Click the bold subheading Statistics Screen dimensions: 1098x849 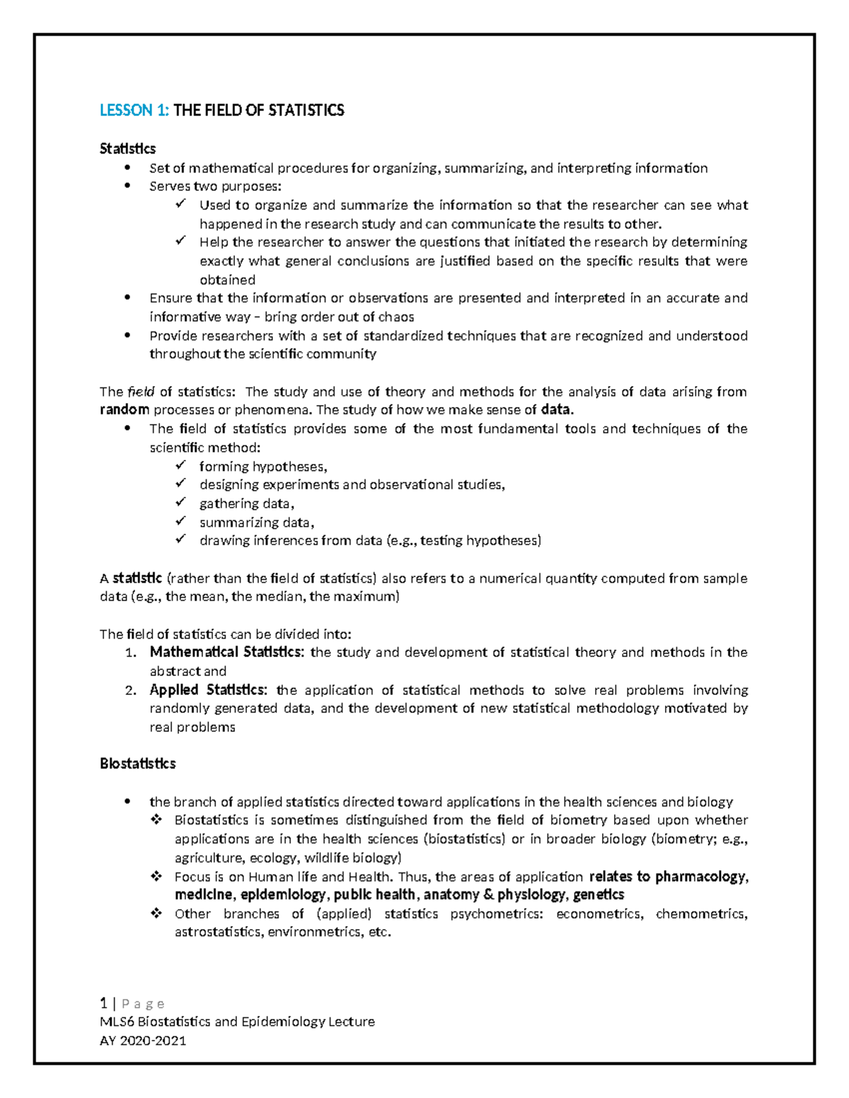pos(127,148)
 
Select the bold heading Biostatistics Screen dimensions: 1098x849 pos(137,764)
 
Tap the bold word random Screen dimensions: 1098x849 pos(124,410)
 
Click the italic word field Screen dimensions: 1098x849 pos(141,392)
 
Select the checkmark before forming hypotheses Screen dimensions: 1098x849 pos(181,466)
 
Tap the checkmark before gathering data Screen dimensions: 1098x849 pos(181,503)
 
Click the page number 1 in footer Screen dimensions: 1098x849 pos(103,1003)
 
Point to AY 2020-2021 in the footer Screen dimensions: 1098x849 pos(143,1040)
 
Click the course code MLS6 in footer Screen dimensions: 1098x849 pos(117,1022)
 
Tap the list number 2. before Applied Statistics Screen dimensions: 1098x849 pos(130,691)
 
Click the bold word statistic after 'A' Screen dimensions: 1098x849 pos(137,578)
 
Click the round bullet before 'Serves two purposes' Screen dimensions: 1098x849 pos(127,187)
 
